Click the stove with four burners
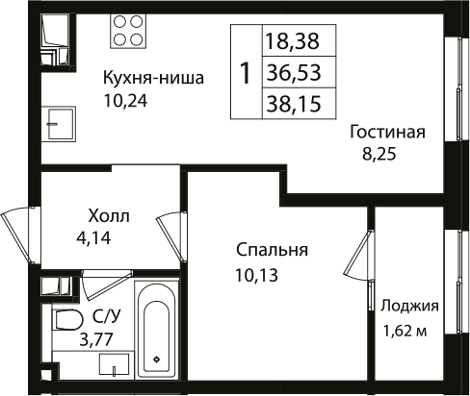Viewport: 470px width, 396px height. tap(128, 32)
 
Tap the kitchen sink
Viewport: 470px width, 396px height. tap(59, 123)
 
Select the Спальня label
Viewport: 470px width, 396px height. tap(271, 250)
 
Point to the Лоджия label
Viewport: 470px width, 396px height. tap(410, 307)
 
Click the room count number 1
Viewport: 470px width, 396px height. tap(246, 72)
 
